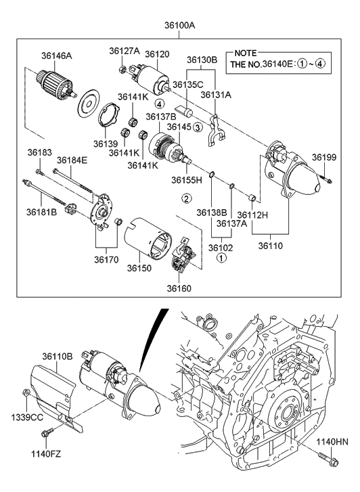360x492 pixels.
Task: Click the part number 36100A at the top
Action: click(x=179, y=26)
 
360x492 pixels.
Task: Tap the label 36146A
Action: click(x=56, y=56)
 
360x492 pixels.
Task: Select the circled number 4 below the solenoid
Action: click(x=159, y=104)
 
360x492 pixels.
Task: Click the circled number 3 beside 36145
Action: click(x=198, y=127)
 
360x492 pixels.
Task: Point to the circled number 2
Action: click(x=186, y=198)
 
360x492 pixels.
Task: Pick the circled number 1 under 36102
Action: click(x=221, y=259)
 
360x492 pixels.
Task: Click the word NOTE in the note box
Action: click(x=246, y=53)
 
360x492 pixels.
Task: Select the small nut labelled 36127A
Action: click(x=123, y=68)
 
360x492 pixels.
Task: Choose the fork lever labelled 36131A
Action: click(x=217, y=130)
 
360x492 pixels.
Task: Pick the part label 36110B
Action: click(x=58, y=357)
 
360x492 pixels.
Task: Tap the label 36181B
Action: click(x=41, y=213)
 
